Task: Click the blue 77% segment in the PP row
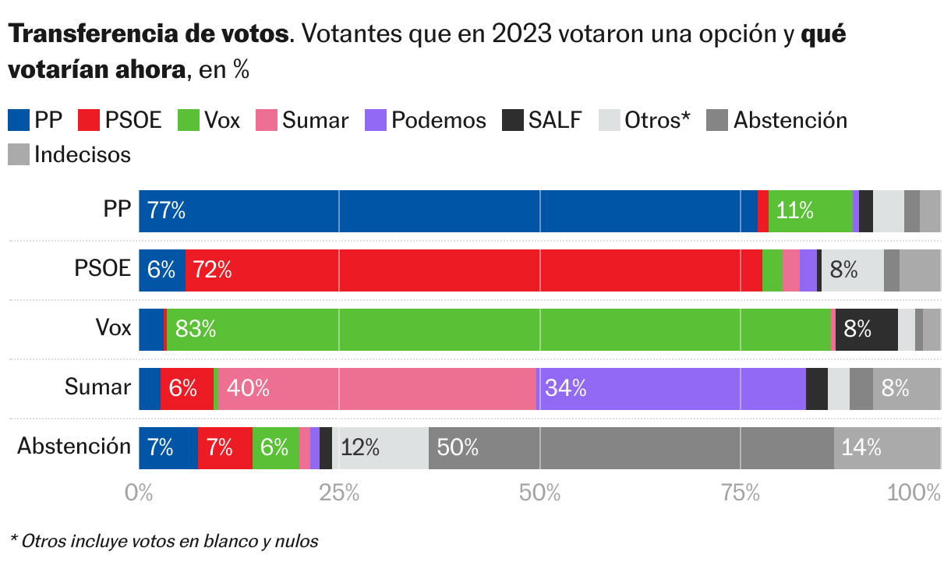[447, 211]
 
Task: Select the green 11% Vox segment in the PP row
[810, 211]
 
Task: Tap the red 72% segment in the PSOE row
[473, 270]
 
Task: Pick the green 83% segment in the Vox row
[499, 330]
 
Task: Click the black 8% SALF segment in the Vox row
[866, 330]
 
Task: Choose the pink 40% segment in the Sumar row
[377, 388]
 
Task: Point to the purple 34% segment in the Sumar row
[671, 388]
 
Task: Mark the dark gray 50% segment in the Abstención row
[631, 447]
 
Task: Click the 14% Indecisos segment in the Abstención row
[887, 447]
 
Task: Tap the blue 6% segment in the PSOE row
[162, 270]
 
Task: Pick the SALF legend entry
[543, 120]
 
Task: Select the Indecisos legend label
[82, 154]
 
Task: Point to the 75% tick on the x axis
[741, 493]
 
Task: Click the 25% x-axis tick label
[339, 493]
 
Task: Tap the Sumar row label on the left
[97, 387]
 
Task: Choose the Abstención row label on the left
[74, 447]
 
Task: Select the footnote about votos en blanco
[164, 541]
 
